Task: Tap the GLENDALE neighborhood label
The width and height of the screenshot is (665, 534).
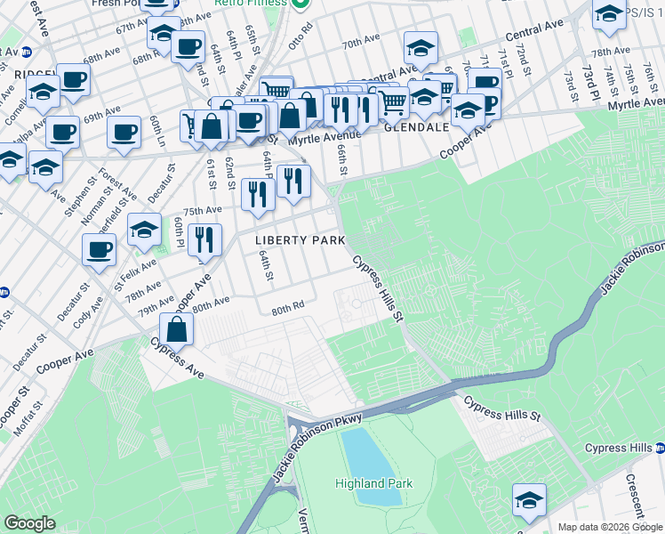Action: [x=415, y=127]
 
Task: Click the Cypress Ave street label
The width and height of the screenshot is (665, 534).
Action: [x=176, y=359]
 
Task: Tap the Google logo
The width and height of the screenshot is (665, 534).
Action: [x=31, y=523]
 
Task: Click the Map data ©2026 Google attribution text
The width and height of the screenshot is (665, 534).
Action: [x=609, y=527]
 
